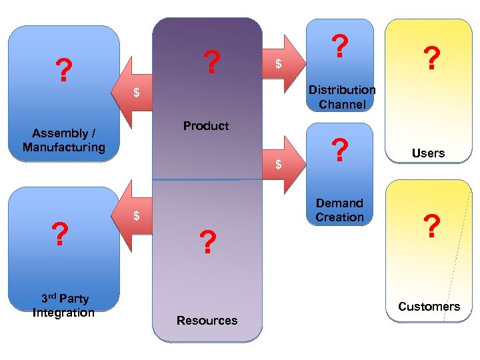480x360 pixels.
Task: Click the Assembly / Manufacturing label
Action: coord(64,140)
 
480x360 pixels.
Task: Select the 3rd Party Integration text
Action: coord(63,305)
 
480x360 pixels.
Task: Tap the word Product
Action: coord(206,126)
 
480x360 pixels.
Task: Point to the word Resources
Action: coord(207,321)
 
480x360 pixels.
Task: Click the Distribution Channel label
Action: coord(341,97)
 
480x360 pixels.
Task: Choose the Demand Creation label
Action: coord(340,210)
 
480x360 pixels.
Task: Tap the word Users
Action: coord(428,153)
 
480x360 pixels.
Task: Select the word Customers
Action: coord(429,307)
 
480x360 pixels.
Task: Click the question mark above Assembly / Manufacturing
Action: coord(63,70)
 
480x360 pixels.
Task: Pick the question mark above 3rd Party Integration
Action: coord(60,235)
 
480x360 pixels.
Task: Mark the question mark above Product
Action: coord(211,63)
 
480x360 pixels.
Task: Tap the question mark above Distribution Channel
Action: coord(340,46)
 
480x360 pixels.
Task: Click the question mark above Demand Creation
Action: coord(340,151)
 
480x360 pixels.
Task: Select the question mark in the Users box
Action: coord(432,59)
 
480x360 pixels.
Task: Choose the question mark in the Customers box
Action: coord(432,227)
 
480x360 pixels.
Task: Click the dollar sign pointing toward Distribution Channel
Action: coord(279,64)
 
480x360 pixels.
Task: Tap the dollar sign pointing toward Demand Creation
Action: coord(279,164)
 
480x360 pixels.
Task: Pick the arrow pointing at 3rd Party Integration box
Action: coord(136,215)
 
